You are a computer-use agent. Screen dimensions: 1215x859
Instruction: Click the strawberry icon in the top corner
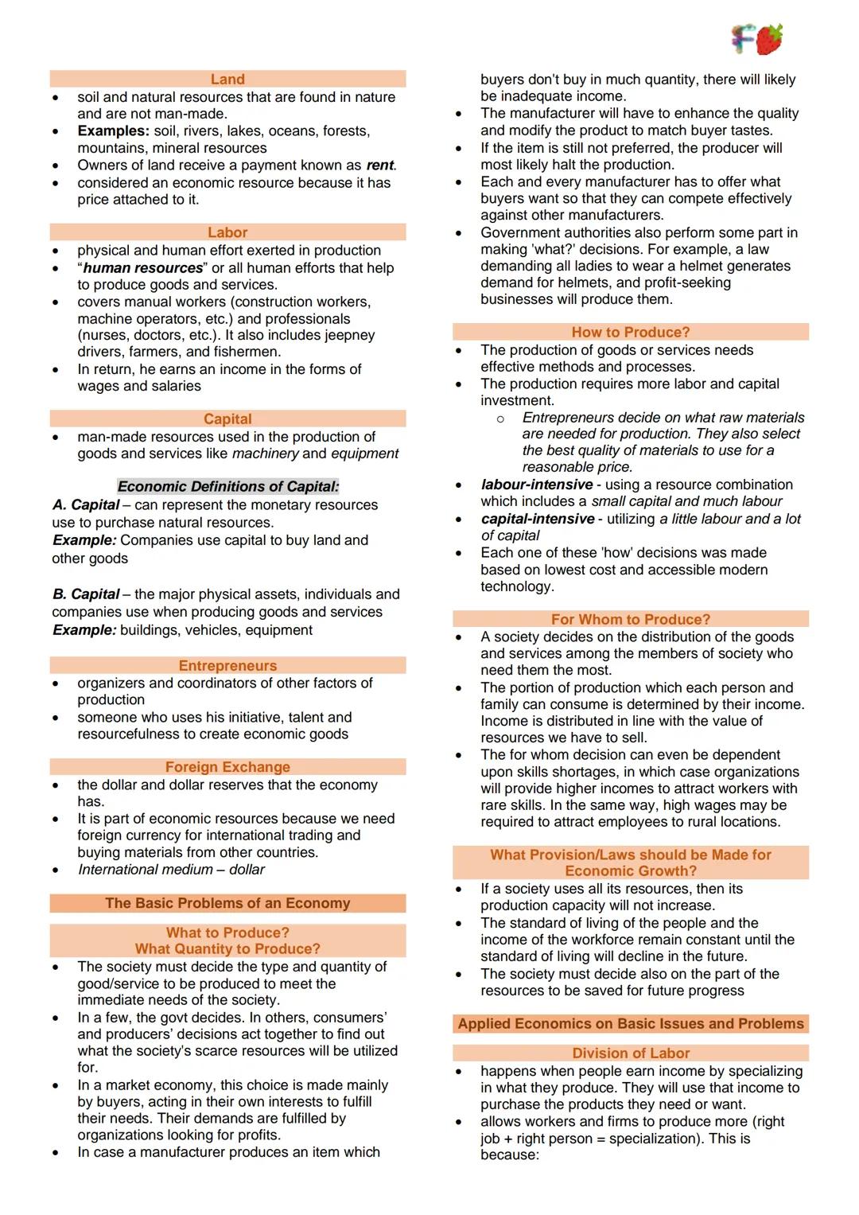[x=769, y=39]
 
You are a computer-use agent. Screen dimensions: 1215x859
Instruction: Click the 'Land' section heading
[x=227, y=79]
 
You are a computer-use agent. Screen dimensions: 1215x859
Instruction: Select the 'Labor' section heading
[x=227, y=232]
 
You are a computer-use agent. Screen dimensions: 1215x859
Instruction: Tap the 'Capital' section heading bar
[x=227, y=419]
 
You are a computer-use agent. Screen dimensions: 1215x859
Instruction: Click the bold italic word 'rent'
[x=379, y=166]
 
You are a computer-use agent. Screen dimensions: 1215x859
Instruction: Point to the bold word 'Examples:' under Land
[x=113, y=131]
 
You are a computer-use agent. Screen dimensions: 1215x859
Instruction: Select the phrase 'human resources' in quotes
[x=143, y=268]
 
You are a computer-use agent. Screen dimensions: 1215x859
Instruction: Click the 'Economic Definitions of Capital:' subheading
[x=228, y=486]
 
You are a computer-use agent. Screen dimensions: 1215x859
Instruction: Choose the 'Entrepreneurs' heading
[x=227, y=665]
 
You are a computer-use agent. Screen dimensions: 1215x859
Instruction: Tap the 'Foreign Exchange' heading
[x=227, y=767]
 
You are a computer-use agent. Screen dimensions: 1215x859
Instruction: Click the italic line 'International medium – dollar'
[x=171, y=870]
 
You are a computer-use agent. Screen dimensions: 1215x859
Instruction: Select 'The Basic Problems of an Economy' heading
[x=227, y=903]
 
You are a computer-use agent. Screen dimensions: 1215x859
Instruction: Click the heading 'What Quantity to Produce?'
[x=227, y=948]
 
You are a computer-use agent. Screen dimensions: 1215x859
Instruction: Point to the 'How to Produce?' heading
[x=631, y=332]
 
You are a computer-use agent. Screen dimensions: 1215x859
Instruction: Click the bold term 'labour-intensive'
[x=537, y=485]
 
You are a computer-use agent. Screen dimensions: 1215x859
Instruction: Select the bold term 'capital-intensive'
[x=538, y=519]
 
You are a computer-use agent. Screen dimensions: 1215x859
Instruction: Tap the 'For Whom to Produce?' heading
[x=631, y=619]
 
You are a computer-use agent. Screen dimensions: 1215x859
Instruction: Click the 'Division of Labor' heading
[x=631, y=1053]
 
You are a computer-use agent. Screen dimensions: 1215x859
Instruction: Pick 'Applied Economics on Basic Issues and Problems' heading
[x=631, y=1023]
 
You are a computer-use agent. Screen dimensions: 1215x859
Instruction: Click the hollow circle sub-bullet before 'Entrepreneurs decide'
[x=500, y=419]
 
